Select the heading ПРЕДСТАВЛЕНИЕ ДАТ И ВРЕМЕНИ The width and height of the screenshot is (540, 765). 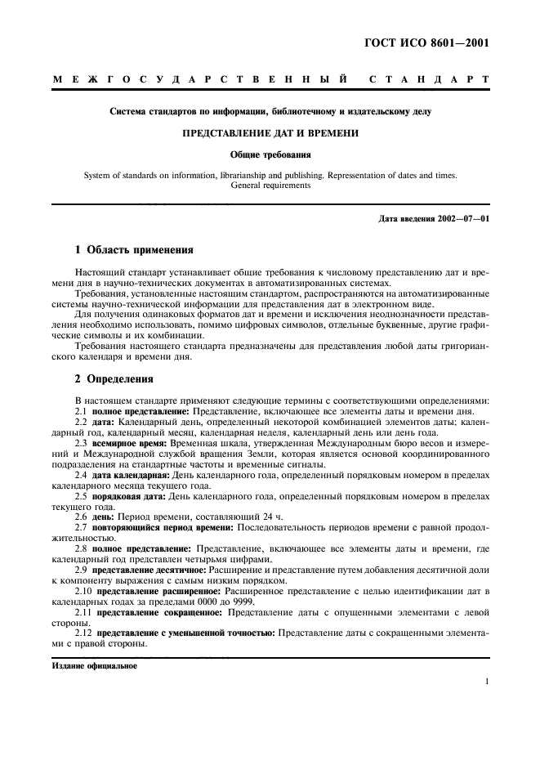270,132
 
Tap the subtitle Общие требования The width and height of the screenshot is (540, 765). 270,153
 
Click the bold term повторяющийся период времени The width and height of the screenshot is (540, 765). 153,527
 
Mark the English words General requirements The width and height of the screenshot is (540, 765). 270,186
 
